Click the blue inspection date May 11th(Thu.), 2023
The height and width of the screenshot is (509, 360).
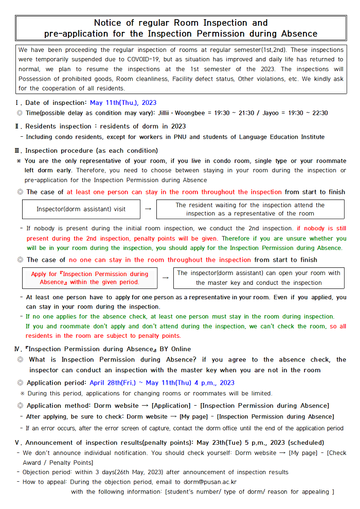pos(123,103)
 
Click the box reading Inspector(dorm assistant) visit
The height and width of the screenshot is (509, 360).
pos(81,209)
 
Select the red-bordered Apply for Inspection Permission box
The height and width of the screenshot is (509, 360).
pos(89,278)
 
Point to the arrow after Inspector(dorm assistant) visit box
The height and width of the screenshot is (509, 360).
pos(148,209)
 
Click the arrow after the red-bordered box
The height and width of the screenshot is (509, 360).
pos(165,278)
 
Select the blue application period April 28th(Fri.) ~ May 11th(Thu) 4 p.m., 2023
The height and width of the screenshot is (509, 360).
pos(162,383)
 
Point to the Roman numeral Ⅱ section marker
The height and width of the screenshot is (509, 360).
pos(19,126)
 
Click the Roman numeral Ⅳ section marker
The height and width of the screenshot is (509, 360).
pos(19,349)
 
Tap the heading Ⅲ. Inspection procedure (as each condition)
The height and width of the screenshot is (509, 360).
pos(87,151)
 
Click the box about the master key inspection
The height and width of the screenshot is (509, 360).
pos(259,278)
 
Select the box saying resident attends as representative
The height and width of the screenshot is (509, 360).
pos(250,209)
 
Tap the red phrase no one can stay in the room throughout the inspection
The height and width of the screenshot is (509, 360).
pos(160,260)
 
